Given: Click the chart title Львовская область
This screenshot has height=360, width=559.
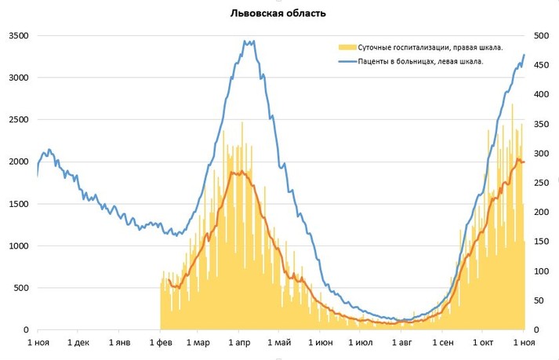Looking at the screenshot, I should tap(278, 13).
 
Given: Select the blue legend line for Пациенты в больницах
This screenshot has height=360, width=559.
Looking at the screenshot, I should tap(343, 61).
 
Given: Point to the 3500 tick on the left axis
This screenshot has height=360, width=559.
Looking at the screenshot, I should tap(19, 36).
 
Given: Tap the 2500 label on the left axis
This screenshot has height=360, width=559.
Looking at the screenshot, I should tap(19, 120).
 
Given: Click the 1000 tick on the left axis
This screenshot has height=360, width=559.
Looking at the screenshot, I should tap(19, 246).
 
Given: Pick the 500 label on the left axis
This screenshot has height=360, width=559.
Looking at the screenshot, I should tap(21, 288).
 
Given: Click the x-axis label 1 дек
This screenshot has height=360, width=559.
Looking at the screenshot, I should tap(79, 343).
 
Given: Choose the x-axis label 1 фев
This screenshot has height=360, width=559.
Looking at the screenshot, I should tap(160, 343).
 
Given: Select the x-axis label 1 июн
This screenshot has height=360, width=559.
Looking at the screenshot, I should tap(321, 343).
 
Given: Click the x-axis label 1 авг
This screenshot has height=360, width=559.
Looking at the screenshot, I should tap(401, 343).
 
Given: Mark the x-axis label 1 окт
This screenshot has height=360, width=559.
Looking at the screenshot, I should tap(481, 343).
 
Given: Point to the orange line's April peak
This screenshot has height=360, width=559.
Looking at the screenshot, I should tap(235, 172).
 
